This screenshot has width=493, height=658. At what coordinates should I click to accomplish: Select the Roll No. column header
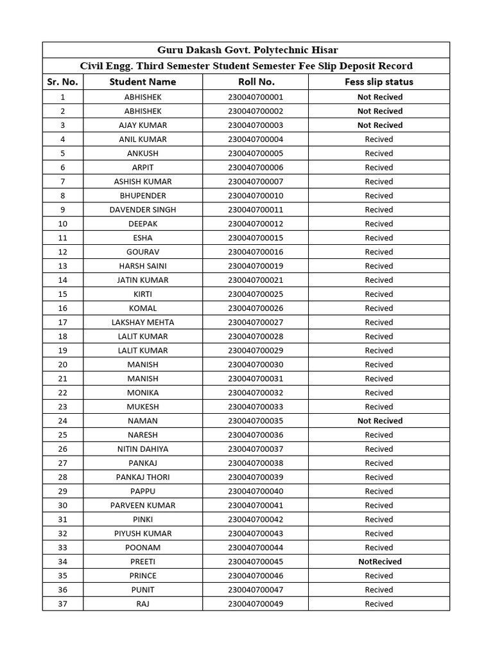[x=256, y=82]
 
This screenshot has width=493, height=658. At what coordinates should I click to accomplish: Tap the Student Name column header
[x=143, y=82]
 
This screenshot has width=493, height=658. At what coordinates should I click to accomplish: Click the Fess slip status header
[x=379, y=82]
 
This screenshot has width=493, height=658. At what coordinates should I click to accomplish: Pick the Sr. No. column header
[x=62, y=82]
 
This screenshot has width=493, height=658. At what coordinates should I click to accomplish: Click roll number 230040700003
[x=255, y=125]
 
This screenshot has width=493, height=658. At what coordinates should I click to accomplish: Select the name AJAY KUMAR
[x=143, y=125]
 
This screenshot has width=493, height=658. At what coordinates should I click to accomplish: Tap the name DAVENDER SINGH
[x=143, y=209]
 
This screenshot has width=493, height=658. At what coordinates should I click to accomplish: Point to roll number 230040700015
[x=255, y=238]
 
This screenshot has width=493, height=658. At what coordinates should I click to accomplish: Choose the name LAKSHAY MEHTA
[x=143, y=323]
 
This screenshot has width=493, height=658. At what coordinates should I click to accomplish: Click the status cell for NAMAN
[x=379, y=421]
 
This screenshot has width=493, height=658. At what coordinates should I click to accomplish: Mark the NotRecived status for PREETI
[x=379, y=562]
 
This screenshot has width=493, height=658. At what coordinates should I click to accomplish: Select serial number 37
[x=62, y=604]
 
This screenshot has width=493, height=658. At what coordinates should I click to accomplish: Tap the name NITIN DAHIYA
[x=143, y=449]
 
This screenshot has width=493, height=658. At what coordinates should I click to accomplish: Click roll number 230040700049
[x=255, y=604]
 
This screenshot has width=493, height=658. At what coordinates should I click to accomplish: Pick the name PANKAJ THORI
[x=143, y=477]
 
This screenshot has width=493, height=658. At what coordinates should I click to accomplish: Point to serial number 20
[x=62, y=365]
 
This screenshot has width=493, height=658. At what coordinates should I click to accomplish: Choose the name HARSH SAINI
[x=143, y=266]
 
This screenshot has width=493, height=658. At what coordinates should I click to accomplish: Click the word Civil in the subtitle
[x=92, y=66]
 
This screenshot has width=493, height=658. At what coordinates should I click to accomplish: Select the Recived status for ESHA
[x=379, y=238]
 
